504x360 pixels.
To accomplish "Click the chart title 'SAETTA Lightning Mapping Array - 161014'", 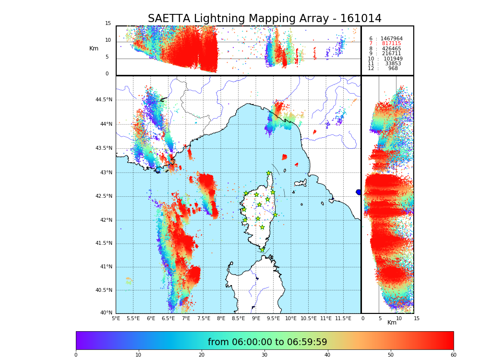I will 264,19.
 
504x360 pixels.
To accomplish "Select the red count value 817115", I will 391,44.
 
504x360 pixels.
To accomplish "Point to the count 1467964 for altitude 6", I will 391,38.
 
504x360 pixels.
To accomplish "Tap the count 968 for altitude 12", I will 393,69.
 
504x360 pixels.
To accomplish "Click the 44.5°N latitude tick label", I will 104,100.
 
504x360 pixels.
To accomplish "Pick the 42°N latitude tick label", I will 106,220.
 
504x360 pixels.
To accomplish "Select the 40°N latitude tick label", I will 106,313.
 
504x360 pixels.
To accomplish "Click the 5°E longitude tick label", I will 116,318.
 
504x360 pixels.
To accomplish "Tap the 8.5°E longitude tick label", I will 238,318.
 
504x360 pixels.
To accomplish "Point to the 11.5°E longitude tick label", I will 343,318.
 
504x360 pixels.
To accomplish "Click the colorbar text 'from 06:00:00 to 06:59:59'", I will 267,342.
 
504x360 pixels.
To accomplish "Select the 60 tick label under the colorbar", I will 453,355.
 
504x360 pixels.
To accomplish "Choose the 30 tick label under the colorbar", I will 264,355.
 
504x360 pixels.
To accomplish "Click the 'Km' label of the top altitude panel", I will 94,48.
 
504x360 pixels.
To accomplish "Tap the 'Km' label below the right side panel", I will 392,323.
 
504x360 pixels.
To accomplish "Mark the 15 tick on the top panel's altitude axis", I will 108,24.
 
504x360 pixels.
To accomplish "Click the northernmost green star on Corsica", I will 269,173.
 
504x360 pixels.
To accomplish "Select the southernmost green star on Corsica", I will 262,250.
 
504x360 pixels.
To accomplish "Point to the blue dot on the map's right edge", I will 359,192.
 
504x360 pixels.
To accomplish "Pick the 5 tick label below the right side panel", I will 380,318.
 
